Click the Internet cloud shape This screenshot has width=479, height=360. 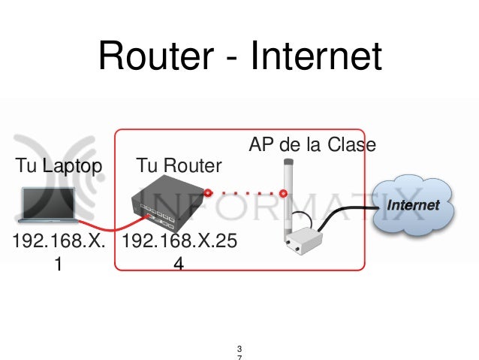click(x=414, y=205)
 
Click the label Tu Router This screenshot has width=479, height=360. click(x=179, y=165)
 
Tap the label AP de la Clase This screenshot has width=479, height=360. click(x=312, y=144)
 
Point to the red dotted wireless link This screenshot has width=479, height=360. click(x=246, y=192)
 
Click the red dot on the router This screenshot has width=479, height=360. click(x=207, y=192)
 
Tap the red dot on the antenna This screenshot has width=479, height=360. click(x=283, y=193)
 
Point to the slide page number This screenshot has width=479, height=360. click(x=239, y=352)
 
